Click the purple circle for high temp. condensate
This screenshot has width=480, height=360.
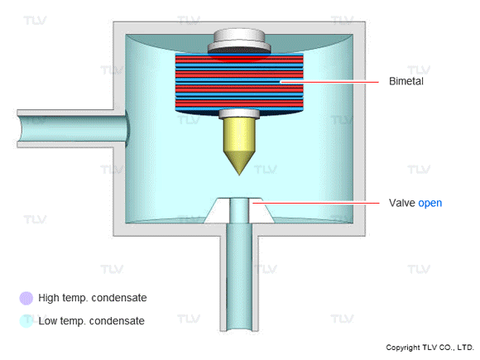click(x=26, y=297)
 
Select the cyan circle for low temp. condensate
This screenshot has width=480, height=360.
click(x=26, y=320)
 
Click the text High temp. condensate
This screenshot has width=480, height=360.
click(x=92, y=297)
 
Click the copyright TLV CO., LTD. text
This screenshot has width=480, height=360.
click(x=430, y=348)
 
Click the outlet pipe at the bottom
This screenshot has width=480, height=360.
click(x=238, y=281)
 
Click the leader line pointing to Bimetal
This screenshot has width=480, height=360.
click(x=331, y=82)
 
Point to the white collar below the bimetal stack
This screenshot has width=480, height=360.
click(x=238, y=113)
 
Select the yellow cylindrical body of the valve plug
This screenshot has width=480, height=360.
click(x=238, y=134)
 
